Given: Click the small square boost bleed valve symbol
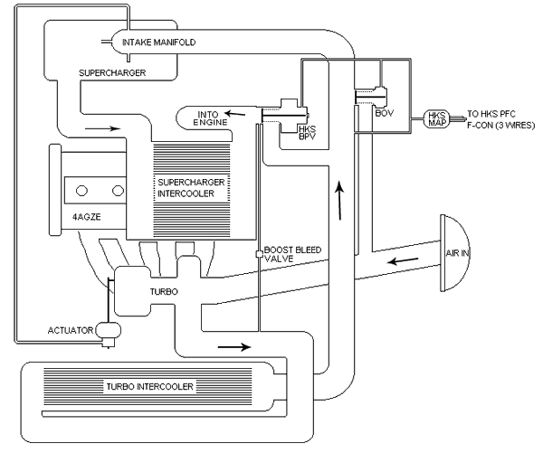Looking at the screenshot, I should (x=259, y=254).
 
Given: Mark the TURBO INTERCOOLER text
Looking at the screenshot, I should (x=150, y=386).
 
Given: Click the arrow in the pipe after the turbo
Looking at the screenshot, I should (x=231, y=344).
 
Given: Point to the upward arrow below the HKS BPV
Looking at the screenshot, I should (x=340, y=201).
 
